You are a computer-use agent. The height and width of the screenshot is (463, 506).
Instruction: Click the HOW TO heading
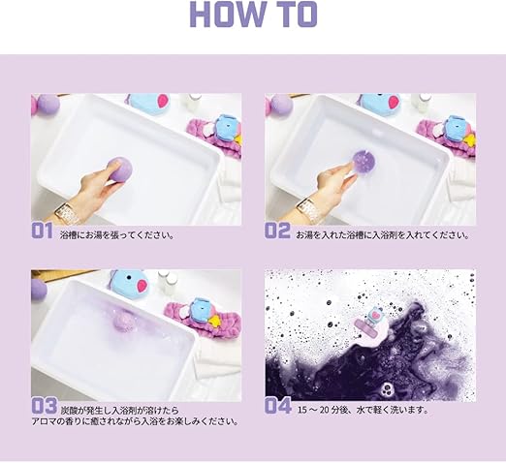point(253,15)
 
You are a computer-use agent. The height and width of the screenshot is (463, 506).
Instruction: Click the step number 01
point(41,231)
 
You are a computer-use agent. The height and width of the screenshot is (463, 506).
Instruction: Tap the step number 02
point(277,231)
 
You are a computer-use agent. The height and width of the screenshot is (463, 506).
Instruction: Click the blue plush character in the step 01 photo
point(152,101)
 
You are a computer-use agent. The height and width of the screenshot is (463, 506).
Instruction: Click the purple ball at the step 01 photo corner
point(42,106)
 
